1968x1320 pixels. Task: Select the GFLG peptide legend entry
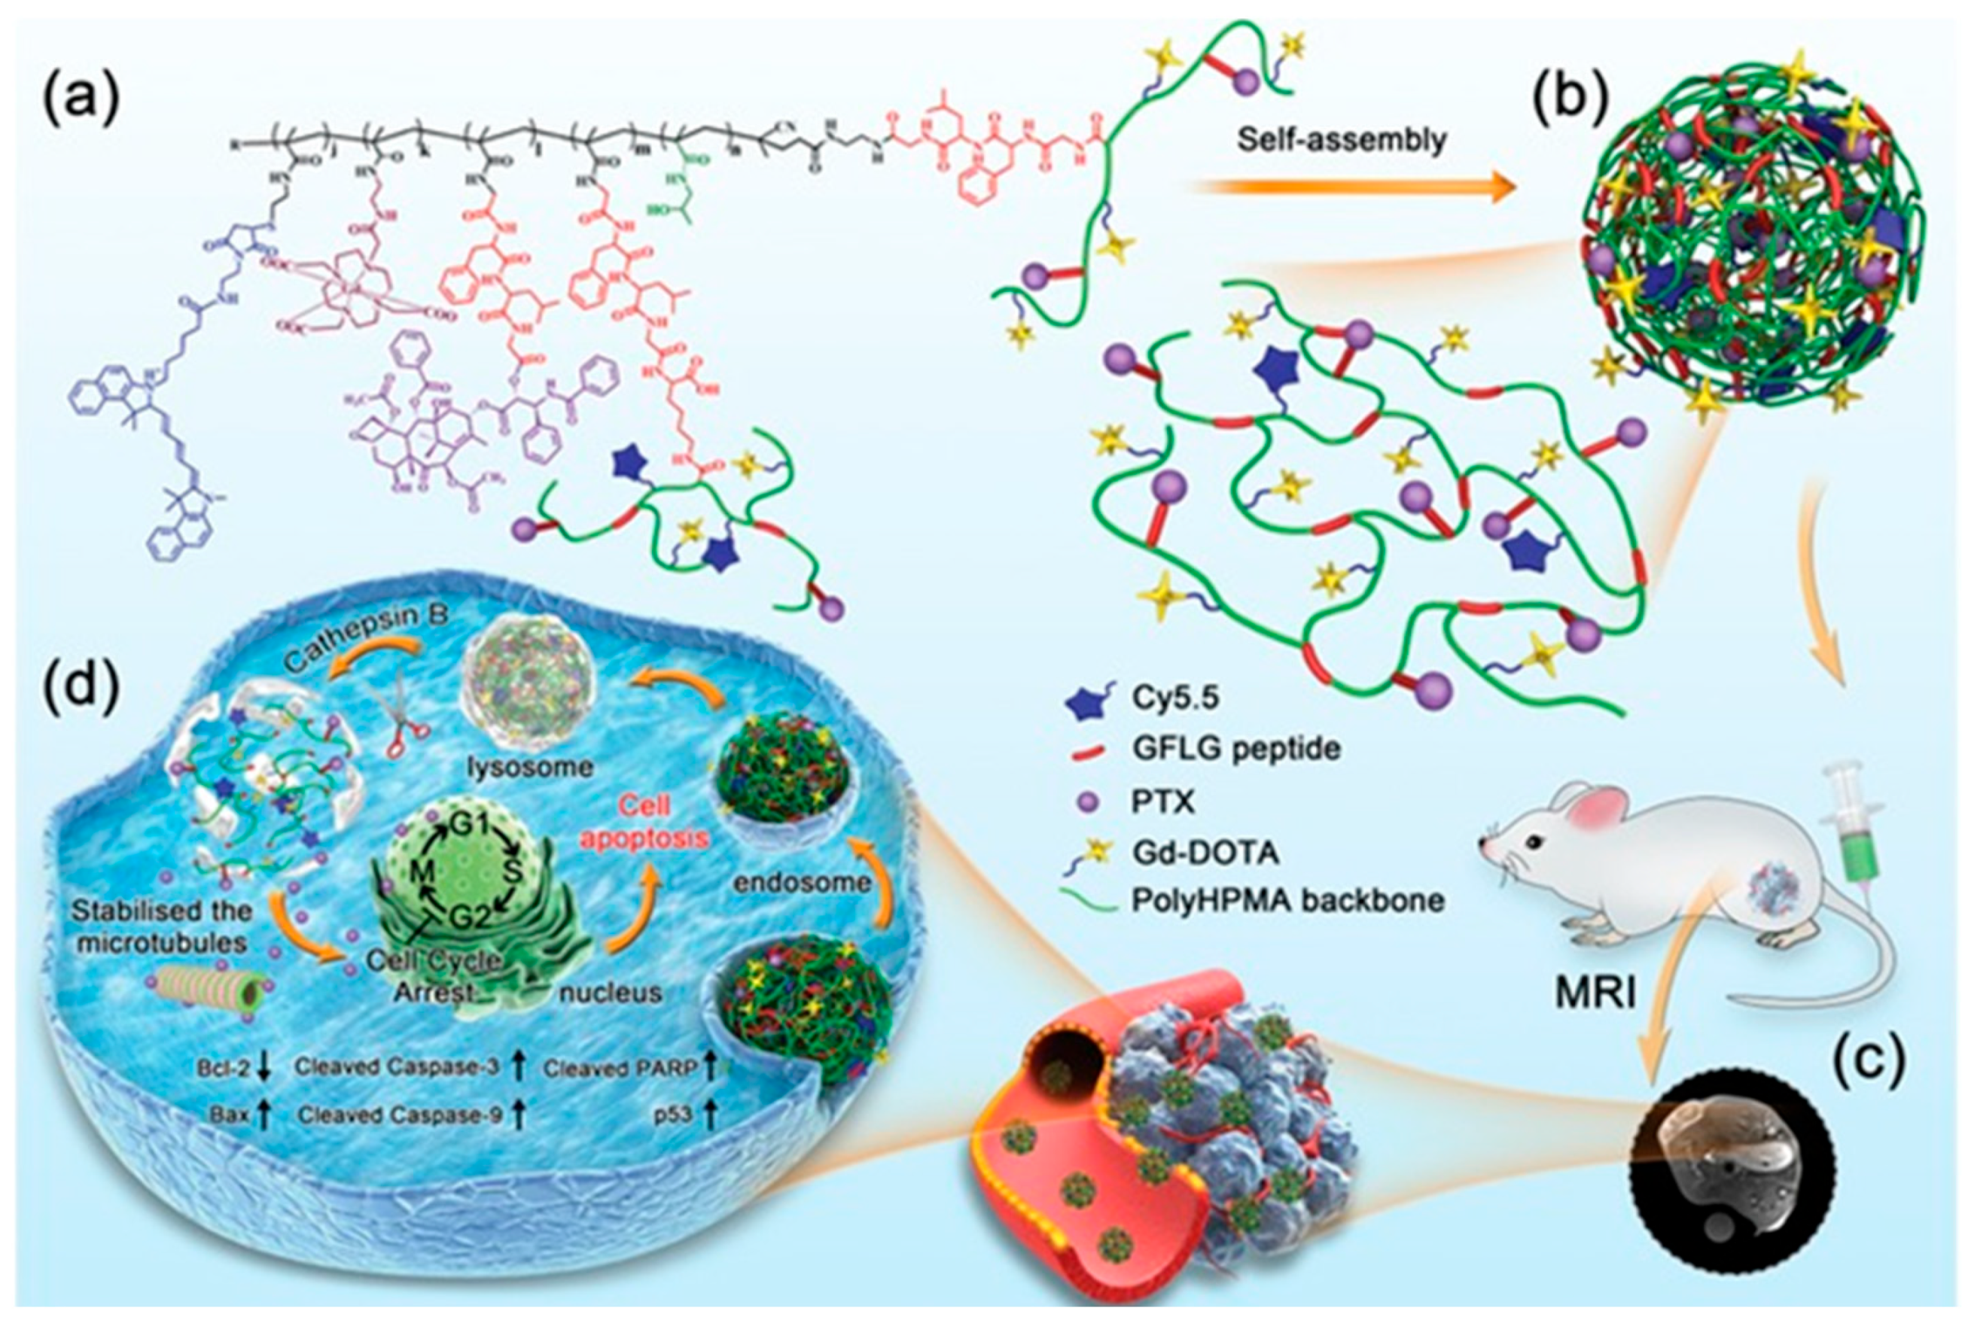[x=1236, y=748]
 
